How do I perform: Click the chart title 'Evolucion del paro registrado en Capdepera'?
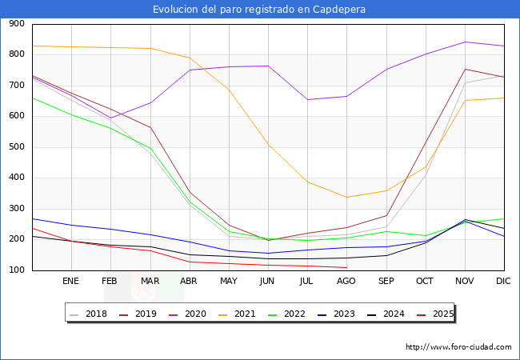coord(260,10)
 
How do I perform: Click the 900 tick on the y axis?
coord(15,24)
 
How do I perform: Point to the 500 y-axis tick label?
coord(15,147)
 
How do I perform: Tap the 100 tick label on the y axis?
coord(15,270)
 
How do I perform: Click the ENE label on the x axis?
coord(70,281)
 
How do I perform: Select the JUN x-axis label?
coord(267,281)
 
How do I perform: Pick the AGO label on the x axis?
coord(346,281)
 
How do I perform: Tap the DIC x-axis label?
coord(503,281)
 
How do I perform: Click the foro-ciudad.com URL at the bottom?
coord(458,347)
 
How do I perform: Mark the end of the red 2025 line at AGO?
coord(346,267)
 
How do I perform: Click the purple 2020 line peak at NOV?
coord(465,42)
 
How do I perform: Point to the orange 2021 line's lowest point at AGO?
coord(346,198)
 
